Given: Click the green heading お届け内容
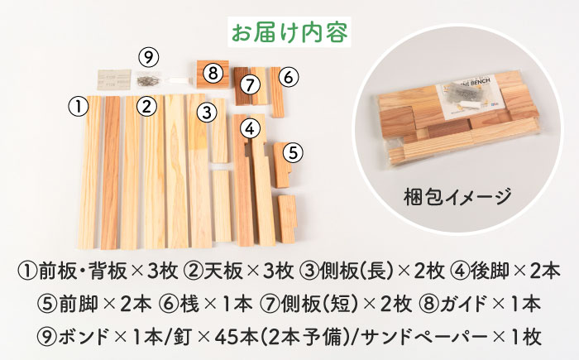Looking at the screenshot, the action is point(289,32).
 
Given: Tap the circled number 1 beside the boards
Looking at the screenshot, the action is point(79,107).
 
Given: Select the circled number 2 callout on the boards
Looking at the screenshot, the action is point(147,107).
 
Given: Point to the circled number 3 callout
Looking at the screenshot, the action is point(207,113).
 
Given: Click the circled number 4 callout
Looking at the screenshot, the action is point(250,128).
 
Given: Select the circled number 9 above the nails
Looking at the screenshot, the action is point(148,57).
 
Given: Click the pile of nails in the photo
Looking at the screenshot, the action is point(148,79).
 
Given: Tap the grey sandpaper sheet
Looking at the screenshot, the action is point(114,79).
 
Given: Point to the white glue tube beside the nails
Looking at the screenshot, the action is point(179,80).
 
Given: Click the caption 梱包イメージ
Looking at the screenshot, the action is point(457,196).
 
